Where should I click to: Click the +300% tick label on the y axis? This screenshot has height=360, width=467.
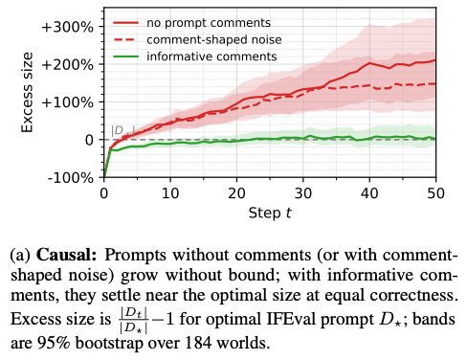68,27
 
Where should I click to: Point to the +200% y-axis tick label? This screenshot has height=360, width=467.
68,65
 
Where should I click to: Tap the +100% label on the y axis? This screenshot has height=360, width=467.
68,102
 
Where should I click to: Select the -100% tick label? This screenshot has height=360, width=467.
71,178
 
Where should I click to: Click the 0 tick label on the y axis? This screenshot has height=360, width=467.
90,140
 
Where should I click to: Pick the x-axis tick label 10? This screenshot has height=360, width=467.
170,193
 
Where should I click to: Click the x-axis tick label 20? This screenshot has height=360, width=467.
236,193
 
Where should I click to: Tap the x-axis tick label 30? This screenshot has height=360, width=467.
303,193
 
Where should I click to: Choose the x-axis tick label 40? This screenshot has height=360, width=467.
369,193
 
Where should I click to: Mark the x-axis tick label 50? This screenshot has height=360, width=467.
435,193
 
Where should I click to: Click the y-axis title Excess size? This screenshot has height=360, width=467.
27,93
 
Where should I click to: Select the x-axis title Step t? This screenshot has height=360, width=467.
270,214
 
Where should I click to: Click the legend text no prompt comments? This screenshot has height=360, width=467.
209,23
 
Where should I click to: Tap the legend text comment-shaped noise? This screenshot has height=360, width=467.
214,40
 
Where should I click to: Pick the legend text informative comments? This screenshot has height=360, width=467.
211,56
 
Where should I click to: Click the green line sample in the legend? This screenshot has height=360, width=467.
126,56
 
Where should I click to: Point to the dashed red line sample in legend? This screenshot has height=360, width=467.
126,40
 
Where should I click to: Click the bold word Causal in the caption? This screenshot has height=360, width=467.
66,256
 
